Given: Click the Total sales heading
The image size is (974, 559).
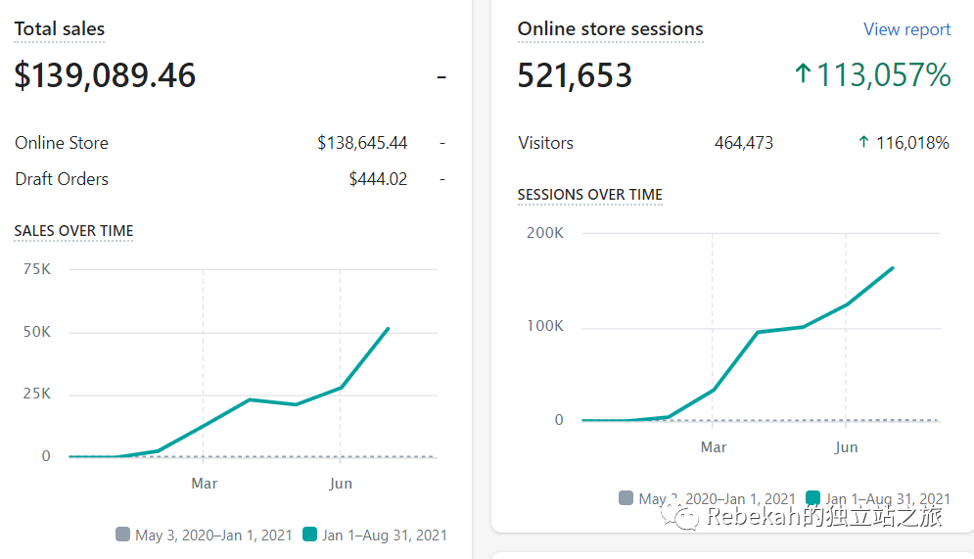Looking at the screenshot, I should coord(59,29).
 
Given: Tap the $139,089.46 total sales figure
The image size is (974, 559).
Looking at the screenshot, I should coord(105,75).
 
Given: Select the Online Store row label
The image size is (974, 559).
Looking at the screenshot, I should coord(62,143).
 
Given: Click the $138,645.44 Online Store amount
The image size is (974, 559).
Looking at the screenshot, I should coord(362,143).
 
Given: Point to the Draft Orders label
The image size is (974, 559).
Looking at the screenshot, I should coord(62,179).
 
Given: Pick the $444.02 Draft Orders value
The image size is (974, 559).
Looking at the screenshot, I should coord(378,179).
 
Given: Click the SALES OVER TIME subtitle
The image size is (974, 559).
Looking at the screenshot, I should coord(73,231).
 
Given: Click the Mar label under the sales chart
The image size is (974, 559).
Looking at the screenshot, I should coord(204,484).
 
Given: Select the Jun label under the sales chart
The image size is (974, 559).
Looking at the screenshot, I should coord(341,484).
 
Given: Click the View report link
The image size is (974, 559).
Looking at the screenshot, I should coord(906,29).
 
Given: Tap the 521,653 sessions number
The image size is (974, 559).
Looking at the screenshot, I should coord(575,75).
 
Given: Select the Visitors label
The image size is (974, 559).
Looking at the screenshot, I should coord(545,143).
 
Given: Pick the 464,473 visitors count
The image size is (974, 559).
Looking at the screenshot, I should coord(744,143).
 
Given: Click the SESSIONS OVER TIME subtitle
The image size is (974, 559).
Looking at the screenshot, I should coord(590,195).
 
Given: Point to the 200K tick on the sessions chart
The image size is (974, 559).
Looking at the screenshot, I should coord(545,233).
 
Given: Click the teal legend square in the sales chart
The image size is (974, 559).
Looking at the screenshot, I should coord(310,535).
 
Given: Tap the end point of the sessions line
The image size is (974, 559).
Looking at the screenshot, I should coord(893,267).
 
